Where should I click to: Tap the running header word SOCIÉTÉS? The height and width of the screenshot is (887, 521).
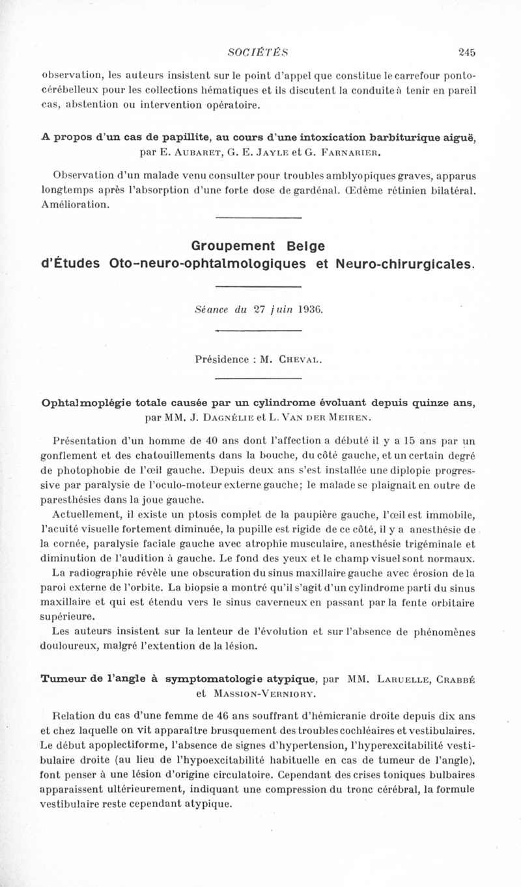pyautogui.click(x=259, y=52)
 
